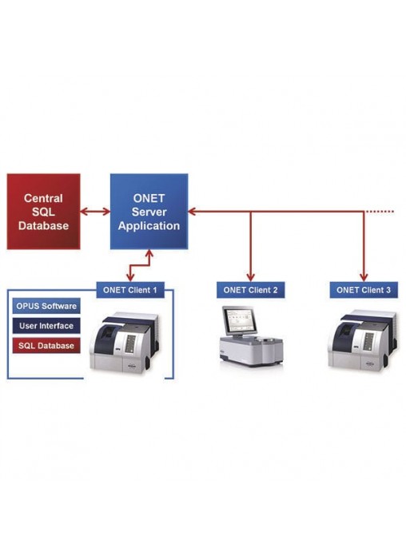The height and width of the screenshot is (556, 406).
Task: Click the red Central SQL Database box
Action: tap(43, 212)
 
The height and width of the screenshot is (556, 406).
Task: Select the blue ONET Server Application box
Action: tap(149, 212)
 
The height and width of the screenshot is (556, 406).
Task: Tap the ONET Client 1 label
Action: tap(130, 290)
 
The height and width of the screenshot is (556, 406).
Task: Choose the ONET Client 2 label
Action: tap(251, 290)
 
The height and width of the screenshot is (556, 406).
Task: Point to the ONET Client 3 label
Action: tap(364, 290)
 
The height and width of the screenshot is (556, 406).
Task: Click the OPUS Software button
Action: tap(46, 306)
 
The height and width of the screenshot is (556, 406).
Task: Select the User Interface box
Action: tap(46, 325)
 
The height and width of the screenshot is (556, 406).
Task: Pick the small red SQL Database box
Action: tap(46, 345)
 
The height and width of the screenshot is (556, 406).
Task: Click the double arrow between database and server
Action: tap(95, 212)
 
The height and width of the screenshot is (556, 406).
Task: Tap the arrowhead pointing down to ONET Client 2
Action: tap(251, 278)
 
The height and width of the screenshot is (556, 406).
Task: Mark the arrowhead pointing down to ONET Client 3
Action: tap(364, 278)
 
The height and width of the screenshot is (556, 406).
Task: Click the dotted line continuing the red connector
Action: tap(380, 212)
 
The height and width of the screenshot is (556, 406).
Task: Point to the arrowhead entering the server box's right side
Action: tap(192, 212)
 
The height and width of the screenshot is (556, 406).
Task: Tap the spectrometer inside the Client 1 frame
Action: tap(124, 343)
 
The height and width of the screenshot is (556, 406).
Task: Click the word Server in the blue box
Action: tap(149, 212)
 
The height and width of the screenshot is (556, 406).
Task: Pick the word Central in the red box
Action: tap(43, 198)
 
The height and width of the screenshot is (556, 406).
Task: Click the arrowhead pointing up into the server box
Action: tap(149, 253)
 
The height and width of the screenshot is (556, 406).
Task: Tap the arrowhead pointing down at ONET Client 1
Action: tap(130, 278)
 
